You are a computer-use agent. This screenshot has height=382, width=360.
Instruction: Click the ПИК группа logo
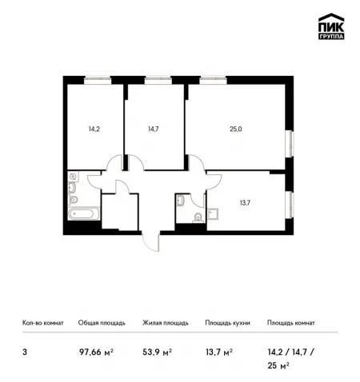click(x=331, y=26)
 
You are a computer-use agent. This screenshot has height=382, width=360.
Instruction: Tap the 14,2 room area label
click(x=94, y=129)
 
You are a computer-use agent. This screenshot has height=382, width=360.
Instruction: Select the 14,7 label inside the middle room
click(x=154, y=129)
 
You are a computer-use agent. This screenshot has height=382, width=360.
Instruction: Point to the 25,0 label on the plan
click(x=236, y=129)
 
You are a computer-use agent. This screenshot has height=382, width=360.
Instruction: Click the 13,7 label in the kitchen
click(x=245, y=203)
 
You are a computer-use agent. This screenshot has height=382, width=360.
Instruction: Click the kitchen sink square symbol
click(x=214, y=213)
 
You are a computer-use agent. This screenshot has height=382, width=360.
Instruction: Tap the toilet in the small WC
click(x=198, y=218)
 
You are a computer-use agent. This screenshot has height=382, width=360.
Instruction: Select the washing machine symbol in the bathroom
click(x=73, y=176)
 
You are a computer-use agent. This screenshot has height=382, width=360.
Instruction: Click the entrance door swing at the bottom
click(x=151, y=242)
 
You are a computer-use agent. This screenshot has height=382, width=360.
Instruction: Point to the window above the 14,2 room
click(x=98, y=78)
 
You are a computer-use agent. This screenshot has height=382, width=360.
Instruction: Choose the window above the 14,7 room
click(x=158, y=78)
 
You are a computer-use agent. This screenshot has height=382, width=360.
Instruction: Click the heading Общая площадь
click(x=102, y=323)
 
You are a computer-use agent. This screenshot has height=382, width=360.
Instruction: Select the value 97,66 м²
click(x=96, y=352)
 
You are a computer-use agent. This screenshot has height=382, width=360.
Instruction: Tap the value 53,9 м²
click(x=157, y=352)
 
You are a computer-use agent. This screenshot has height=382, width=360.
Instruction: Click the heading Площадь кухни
click(x=227, y=323)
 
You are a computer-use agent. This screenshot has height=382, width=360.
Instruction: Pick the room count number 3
click(x=25, y=352)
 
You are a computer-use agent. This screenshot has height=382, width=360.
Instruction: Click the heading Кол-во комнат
click(x=43, y=323)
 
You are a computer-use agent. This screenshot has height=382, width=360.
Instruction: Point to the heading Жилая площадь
click(x=166, y=323)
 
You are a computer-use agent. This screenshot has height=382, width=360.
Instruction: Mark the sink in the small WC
click(x=180, y=201)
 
